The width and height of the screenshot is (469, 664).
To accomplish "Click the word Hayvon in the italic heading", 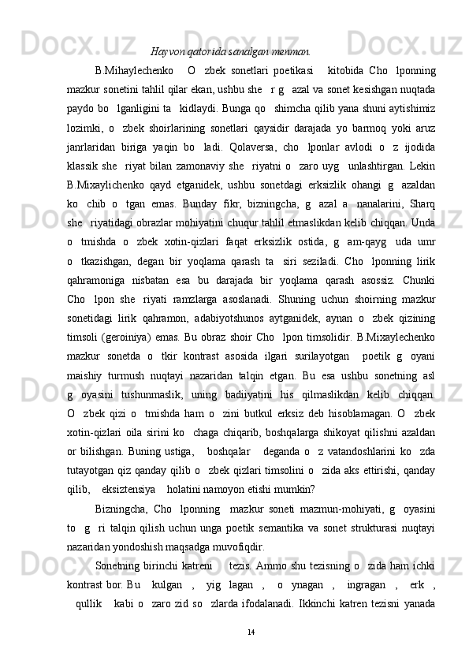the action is point(166,52).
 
